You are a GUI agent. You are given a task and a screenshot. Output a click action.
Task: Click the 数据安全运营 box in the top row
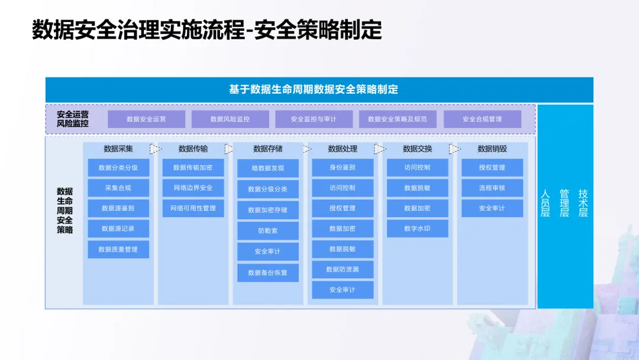point(146,119)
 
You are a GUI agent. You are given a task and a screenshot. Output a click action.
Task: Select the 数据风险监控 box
point(230,119)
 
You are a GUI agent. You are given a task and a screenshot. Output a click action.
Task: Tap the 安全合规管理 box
point(482,119)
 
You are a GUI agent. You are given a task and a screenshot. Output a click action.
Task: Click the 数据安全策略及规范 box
point(398,119)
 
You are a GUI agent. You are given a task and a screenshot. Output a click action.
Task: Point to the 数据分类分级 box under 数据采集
point(118,168)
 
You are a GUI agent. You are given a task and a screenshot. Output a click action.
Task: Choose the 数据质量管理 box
point(118,249)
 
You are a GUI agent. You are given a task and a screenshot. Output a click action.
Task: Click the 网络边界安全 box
point(193,188)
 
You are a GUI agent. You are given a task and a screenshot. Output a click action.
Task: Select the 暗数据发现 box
point(268,168)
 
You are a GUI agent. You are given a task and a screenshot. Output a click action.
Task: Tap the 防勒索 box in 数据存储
point(268,231)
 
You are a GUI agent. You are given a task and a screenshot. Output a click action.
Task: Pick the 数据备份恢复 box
point(268,273)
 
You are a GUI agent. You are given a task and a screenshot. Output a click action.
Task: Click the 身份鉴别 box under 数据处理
point(343,168)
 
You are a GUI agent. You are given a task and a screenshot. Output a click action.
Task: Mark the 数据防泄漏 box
point(343,269)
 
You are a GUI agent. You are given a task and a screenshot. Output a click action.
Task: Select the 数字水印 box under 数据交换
point(418,229)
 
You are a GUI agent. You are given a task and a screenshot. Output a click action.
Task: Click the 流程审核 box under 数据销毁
point(492,188)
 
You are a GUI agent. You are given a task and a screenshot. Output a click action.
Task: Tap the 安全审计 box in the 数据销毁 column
point(492,208)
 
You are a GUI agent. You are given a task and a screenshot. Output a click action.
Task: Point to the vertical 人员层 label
point(546,203)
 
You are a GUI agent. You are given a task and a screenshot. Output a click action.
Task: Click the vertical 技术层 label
point(583,203)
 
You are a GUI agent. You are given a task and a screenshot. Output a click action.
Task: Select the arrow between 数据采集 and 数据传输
point(155,149)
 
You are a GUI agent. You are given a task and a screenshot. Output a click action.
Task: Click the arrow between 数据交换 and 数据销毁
point(454,149)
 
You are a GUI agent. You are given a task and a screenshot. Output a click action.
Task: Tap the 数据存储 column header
point(268,149)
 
